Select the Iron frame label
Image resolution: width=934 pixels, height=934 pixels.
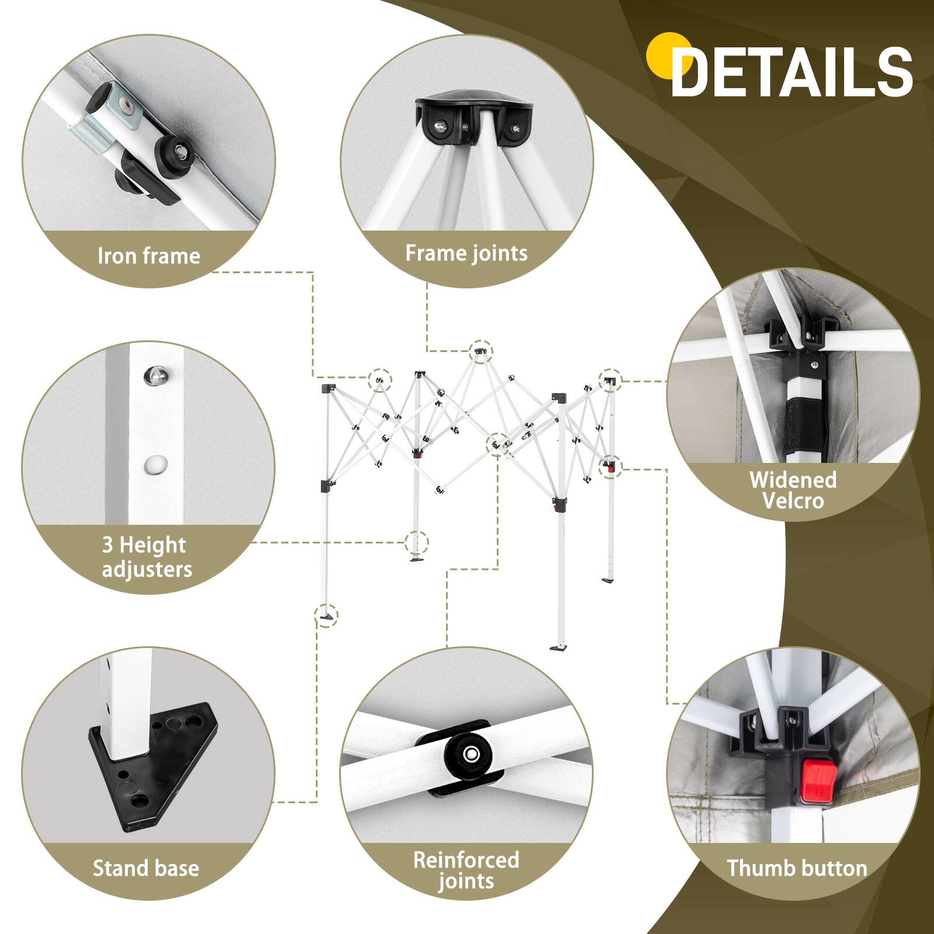pos(149,256)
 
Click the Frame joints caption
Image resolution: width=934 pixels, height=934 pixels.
pos(466,253)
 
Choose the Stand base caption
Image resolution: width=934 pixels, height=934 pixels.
pos(146,868)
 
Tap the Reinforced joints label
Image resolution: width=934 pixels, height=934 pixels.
pos(466,870)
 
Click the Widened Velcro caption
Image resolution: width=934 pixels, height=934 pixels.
pos(793,490)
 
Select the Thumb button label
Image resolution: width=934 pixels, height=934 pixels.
pos(797,868)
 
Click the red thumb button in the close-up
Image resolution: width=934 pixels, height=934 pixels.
pos(817,780)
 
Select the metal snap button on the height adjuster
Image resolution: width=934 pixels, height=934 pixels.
pos(156,375)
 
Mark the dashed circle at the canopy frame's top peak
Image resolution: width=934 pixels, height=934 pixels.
pos(480,351)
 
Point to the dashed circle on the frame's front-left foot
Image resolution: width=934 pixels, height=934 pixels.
pos(326,615)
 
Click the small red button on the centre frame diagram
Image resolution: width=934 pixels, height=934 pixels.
pos(611,467)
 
